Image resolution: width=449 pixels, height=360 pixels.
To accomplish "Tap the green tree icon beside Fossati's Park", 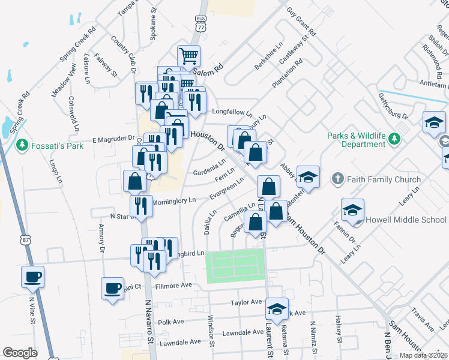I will pos(22,145).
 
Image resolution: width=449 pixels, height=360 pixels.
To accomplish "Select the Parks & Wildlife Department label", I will pos(357,140).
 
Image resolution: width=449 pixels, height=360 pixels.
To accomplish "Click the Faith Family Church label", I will pos(378,179).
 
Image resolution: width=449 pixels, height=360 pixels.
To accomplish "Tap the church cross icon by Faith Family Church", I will pos(337,179).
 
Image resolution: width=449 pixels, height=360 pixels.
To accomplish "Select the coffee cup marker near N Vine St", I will pos(32,277).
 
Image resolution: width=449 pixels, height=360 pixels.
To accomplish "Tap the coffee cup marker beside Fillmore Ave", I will pos(113,289).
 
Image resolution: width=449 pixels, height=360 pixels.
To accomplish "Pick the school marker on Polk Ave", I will pos(277,310).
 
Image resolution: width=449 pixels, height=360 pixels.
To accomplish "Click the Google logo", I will pos(20,353).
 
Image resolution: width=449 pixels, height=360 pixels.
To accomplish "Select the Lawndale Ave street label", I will pos(178,341).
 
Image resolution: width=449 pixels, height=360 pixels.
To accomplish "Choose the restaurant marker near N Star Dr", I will pos(141,206).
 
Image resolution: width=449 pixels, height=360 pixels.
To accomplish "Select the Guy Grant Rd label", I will pos(301,21).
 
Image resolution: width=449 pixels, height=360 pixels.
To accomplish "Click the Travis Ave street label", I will pos(423,319).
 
